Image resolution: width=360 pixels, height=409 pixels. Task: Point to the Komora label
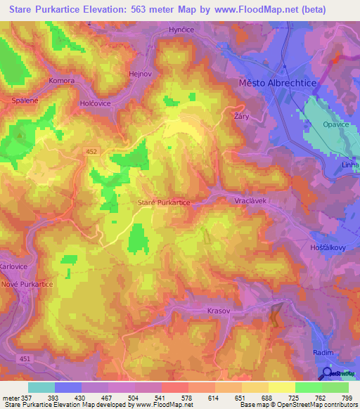pos(61,81)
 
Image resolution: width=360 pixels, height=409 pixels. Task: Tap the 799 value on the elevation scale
pos(347,398)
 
